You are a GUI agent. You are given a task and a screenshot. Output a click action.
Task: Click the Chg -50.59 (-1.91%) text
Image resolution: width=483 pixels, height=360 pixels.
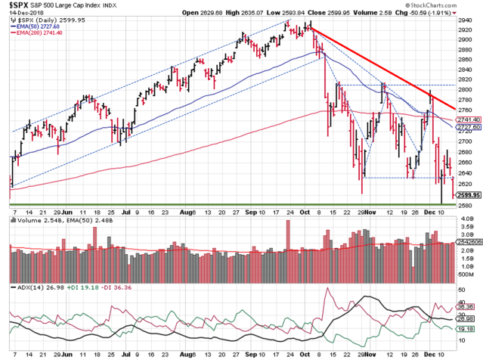(x=438, y=13)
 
